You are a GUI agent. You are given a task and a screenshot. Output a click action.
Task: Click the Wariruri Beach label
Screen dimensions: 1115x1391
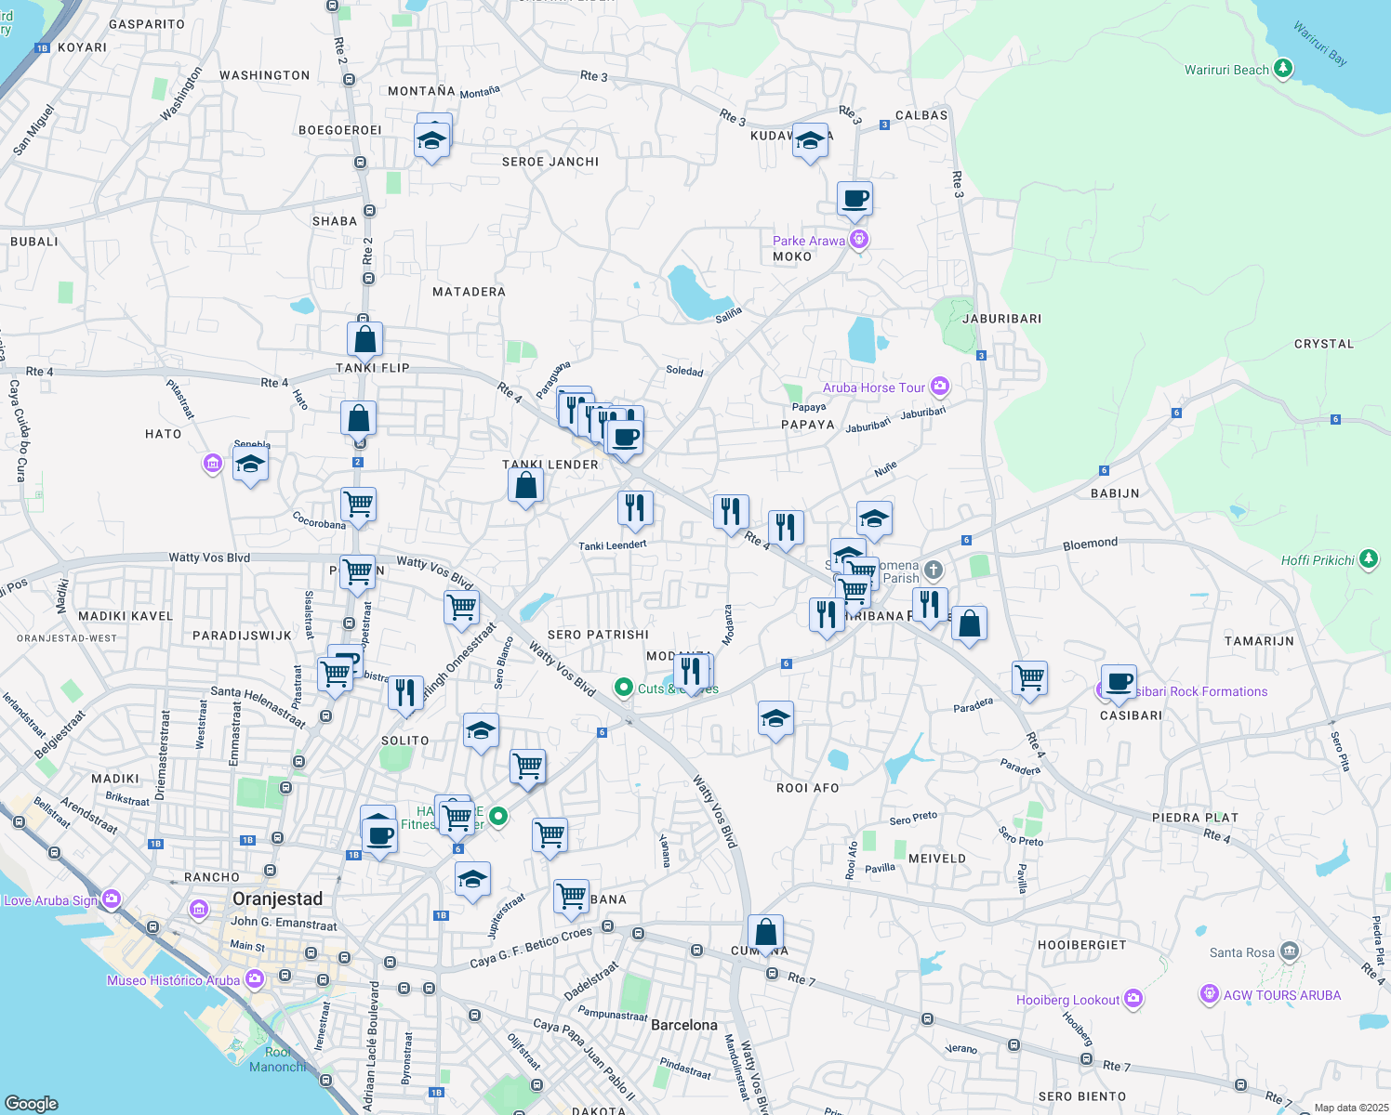click(1226, 70)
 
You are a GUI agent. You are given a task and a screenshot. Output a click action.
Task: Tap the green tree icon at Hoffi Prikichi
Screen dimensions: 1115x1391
click(1368, 558)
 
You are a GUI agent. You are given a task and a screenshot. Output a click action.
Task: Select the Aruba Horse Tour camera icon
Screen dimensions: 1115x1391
click(940, 386)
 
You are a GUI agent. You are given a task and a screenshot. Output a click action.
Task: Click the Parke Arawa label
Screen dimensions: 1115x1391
click(809, 241)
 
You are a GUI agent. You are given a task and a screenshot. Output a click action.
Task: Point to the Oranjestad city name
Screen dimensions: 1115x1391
click(277, 899)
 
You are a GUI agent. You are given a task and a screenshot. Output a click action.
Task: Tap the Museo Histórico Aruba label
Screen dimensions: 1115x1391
click(173, 980)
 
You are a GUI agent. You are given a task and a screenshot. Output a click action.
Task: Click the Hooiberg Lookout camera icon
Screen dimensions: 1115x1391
click(1133, 999)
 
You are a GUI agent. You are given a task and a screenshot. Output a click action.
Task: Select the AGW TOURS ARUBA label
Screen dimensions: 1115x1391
click(1281, 995)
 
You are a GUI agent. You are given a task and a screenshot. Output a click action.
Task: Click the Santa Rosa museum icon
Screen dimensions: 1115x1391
click(1289, 951)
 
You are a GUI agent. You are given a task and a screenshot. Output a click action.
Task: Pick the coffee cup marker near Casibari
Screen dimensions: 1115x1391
click(1119, 683)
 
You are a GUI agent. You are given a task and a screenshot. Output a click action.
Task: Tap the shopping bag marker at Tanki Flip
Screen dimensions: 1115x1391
click(365, 339)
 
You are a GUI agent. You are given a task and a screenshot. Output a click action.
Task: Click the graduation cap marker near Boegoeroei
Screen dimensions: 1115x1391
click(431, 140)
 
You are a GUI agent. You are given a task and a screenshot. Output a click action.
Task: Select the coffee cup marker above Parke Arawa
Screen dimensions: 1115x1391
click(854, 198)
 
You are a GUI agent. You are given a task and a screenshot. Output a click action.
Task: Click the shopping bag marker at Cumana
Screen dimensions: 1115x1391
click(765, 932)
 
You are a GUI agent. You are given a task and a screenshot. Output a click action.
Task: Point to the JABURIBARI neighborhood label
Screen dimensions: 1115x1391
click(1001, 319)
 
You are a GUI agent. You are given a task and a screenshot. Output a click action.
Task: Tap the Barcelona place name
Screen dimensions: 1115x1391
click(683, 1025)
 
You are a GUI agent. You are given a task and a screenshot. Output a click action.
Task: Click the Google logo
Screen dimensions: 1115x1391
click(32, 1103)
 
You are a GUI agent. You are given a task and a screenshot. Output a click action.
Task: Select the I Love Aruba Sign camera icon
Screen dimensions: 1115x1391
click(112, 899)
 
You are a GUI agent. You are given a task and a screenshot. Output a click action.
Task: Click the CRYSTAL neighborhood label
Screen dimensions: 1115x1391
click(1323, 344)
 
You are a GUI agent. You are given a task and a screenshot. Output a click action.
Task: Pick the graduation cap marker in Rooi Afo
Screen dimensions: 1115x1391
click(775, 718)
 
